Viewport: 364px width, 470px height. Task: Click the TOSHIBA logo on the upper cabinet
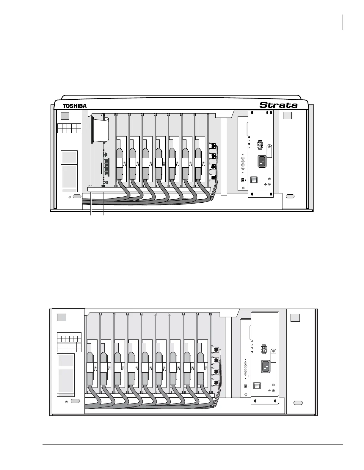click(x=74, y=106)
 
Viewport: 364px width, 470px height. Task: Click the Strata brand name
click(x=278, y=105)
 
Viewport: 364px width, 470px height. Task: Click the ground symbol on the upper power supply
click(x=265, y=184)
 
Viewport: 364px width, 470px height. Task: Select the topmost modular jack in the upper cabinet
click(x=213, y=146)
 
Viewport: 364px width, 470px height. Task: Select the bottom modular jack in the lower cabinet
click(x=216, y=382)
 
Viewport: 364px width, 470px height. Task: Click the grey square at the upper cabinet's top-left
click(x=65, y=116)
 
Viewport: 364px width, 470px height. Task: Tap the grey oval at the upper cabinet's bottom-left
click(x=77, y=196)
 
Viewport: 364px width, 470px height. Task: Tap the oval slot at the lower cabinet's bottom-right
click(x=298, y=403)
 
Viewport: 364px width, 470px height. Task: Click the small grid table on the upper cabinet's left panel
click(x=69, y=128)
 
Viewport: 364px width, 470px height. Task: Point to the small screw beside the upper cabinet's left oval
click(x=70, y=197)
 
